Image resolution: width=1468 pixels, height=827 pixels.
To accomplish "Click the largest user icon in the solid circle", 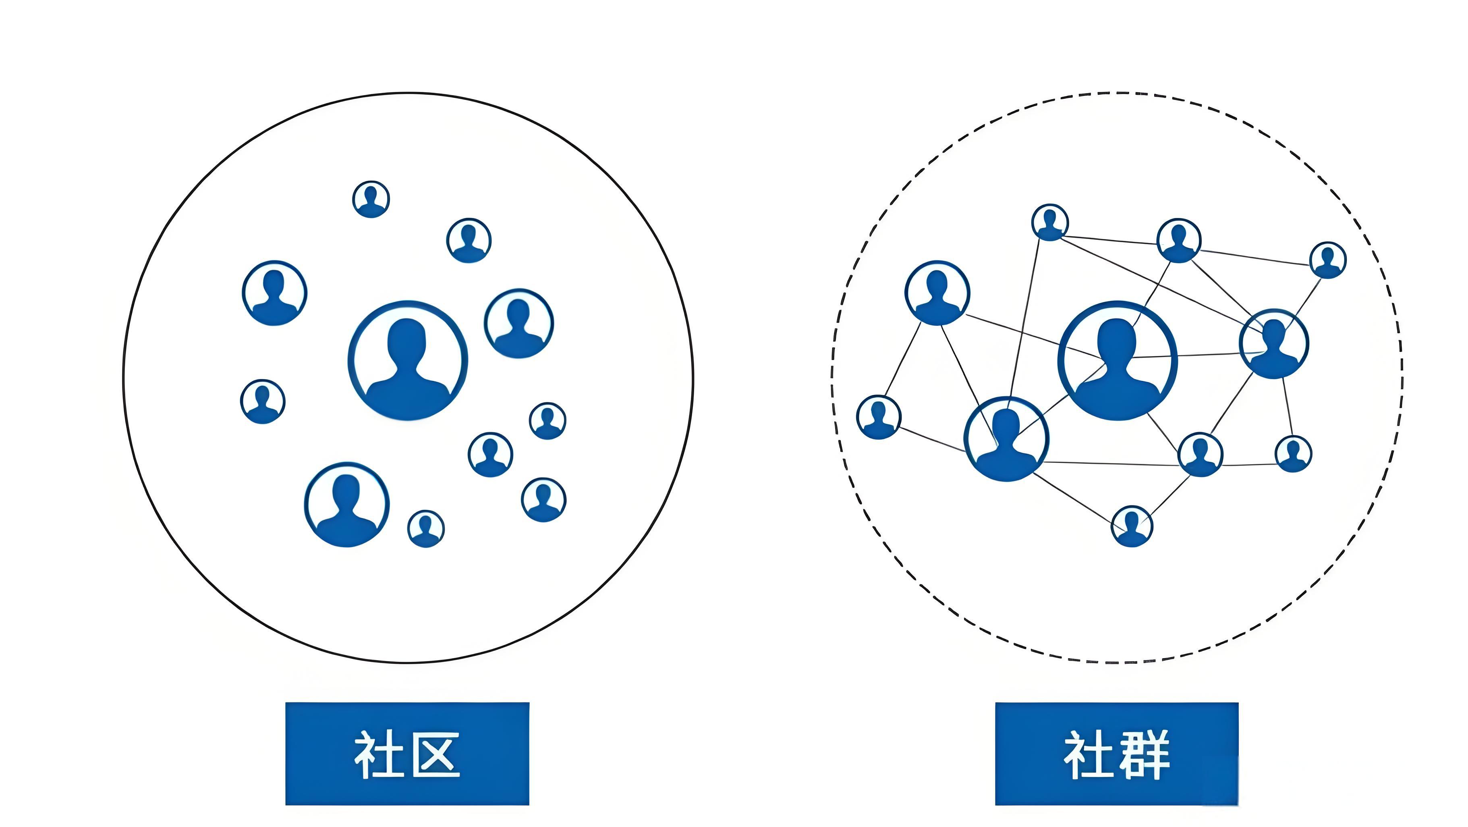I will click(x=407, y=360).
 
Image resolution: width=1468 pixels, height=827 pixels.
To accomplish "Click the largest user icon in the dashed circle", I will click(x=1117, y=360).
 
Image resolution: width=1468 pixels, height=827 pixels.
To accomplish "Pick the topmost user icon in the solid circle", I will click(x=371, y=199).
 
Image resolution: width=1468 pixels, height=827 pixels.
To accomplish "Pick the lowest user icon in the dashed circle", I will click(x=1132, y=526).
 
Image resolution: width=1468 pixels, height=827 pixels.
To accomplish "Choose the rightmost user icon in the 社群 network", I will click(x=1328, y=260).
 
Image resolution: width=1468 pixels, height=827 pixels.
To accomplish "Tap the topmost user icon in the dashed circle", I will click(x=1050, y=222).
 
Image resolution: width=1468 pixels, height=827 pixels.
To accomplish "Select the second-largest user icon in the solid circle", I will click(x=346, y=505).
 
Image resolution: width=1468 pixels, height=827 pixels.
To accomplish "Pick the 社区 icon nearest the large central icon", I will click(x=518, y=323).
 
